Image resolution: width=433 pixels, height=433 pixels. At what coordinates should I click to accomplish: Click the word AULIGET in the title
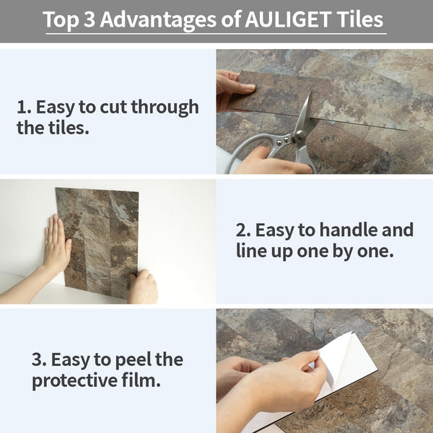coord(288,19)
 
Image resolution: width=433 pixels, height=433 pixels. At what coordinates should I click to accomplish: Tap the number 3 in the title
coord(89,19)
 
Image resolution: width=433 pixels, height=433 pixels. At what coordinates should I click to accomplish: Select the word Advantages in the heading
coord(158,20)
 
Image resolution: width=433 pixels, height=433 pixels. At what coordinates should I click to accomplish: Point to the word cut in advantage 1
coord(114,107)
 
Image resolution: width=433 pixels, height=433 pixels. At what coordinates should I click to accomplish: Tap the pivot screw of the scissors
coord(299,135)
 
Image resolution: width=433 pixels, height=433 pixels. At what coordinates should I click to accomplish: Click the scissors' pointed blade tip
coord(311,90)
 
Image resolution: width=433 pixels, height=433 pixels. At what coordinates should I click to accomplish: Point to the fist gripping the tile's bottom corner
coord(143,287)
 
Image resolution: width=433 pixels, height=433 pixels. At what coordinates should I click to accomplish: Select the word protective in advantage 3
coord(74,381)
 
